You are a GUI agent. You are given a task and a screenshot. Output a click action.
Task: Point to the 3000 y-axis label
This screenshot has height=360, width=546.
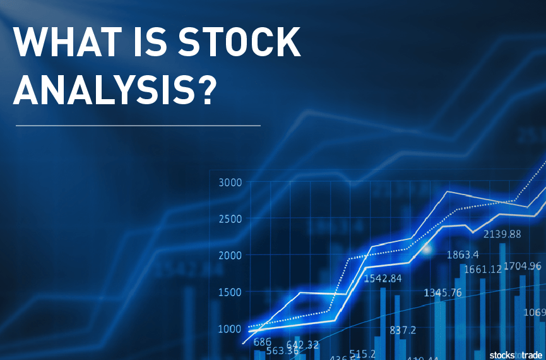230,183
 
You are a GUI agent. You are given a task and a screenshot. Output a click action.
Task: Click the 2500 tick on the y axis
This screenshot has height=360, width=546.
230,219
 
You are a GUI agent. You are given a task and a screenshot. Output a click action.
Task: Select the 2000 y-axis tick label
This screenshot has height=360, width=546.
230,256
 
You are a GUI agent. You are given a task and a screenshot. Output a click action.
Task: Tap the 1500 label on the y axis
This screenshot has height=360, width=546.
230,292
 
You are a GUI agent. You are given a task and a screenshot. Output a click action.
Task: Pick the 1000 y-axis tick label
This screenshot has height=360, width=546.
230,328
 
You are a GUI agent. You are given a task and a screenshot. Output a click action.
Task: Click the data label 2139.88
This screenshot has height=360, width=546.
502,234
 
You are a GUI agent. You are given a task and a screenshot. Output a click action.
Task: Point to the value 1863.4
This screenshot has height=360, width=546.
463,255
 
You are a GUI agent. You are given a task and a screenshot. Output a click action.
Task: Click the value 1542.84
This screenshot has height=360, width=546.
383,279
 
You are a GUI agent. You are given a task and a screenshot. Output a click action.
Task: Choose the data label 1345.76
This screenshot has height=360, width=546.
442,292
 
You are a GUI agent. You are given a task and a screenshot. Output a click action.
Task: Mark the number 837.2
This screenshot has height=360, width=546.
403,330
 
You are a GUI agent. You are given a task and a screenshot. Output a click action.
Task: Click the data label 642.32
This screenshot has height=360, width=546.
302,344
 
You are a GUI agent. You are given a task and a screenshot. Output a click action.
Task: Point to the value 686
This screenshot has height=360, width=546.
263,342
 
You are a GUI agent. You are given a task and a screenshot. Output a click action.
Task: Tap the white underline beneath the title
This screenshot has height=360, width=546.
138,126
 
